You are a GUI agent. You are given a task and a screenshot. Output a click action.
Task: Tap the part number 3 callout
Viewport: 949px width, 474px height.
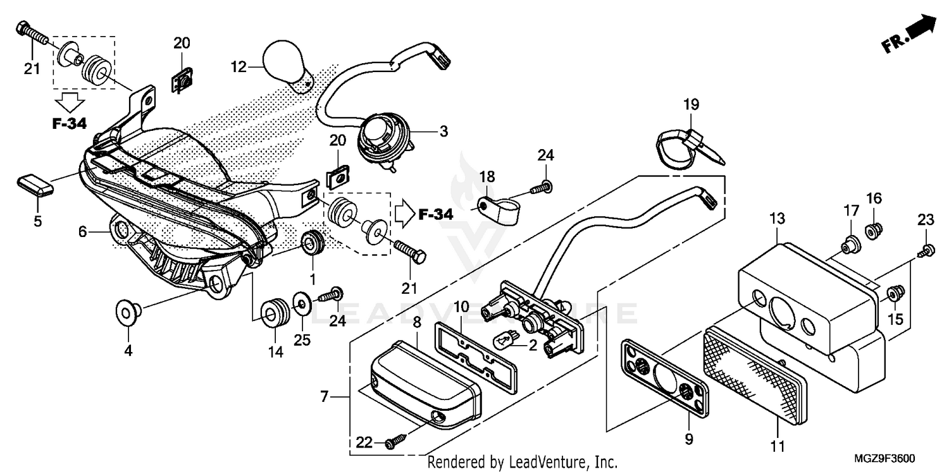[x=443, y=131]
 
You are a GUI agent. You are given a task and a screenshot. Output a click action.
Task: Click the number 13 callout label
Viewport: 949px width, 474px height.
[x=777, y=219]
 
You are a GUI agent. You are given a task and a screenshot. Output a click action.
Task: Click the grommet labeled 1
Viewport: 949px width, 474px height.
[x=313, y=244]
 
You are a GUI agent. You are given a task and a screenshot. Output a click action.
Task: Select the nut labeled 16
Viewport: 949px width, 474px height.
[x=874, y=232]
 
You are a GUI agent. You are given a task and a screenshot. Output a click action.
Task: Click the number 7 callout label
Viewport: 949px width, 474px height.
[x=324, y=397]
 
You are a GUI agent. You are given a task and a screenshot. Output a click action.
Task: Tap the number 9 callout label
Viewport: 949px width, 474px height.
[x=689, y=438]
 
